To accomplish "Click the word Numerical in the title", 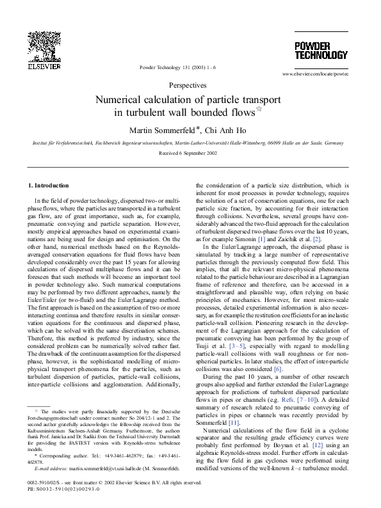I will pyautogui.click(x=120, y=100).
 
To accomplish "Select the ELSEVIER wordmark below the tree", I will pyautogui.click(x=40, y=66).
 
